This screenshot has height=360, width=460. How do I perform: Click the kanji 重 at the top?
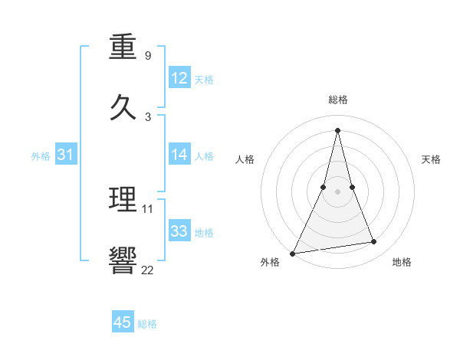(x=124, y=47)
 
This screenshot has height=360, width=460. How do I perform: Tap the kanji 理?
(x=124, y=200)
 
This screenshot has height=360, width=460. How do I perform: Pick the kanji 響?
(x=124, y=260)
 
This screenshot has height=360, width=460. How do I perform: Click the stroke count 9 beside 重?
(x=148, y=56)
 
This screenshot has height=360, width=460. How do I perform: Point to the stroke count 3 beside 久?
(x=148, y=116)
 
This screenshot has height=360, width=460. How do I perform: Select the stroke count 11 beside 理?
(x=148, y=208)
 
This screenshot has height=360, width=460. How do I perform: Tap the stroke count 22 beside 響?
(x=148, y=269)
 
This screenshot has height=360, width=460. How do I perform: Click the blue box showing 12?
(x=179, y=78)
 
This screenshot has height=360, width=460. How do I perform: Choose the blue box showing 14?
(x=179, y=155)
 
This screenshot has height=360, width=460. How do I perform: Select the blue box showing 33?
(x=179, y=231)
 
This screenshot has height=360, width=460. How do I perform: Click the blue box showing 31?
(x=66, y=155)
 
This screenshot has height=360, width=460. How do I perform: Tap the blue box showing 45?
(x=123, y=322)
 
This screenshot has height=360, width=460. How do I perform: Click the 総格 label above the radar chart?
(x=338, y=100)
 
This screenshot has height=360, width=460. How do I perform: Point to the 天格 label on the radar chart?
(x=431, y=159)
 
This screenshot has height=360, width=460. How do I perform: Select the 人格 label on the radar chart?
(x=245, y=159)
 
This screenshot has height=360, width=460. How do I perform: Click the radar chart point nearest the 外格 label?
(x=293, y=253)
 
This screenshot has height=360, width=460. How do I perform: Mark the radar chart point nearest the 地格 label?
(x=374, y=242)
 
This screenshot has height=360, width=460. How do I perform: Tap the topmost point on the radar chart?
(x=338, y=129)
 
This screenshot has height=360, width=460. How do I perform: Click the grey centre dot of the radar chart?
(x=338, y=191)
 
